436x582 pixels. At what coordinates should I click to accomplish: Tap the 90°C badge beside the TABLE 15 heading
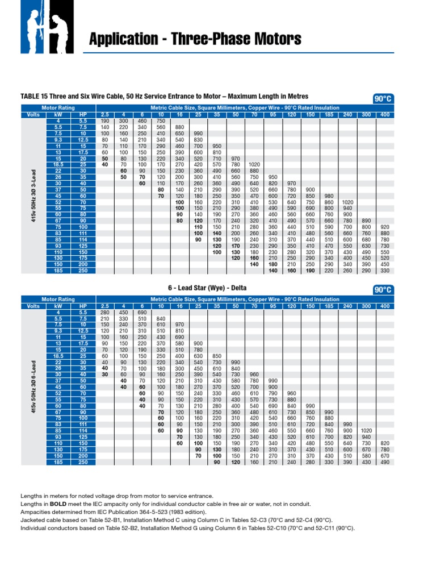(383, 99)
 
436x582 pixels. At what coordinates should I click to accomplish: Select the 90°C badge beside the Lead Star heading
(383, 290)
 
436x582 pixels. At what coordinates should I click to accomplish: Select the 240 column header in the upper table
(347, 114)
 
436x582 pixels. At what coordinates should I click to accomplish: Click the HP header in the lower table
(83, 306)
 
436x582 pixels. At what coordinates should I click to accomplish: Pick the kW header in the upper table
(58, 114)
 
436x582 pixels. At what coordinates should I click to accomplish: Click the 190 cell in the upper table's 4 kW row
(104, 120)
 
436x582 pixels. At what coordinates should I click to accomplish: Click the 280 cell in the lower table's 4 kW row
(104, 312)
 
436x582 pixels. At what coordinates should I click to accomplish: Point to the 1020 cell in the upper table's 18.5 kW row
(254, 164)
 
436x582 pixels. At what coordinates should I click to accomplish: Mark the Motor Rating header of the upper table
(58, 107)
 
